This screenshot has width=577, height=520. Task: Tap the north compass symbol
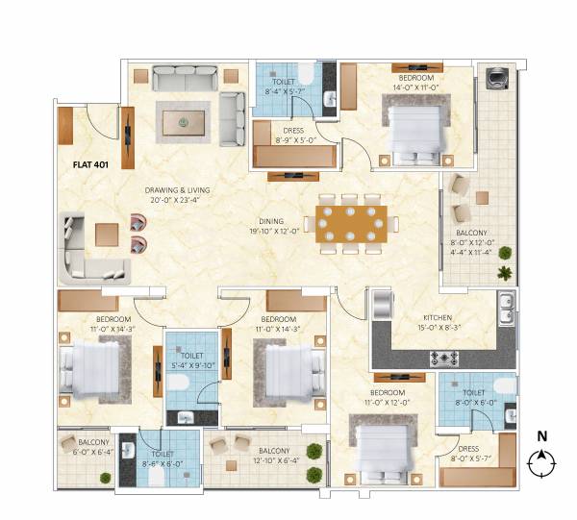point(542,464)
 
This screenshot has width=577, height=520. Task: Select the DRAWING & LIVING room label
point(177,195)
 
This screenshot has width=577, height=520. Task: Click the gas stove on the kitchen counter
point(443,359)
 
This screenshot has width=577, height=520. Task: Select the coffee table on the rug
point(182,121)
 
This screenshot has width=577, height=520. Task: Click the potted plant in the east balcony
point(504,274)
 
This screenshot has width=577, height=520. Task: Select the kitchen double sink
point(506,310)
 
